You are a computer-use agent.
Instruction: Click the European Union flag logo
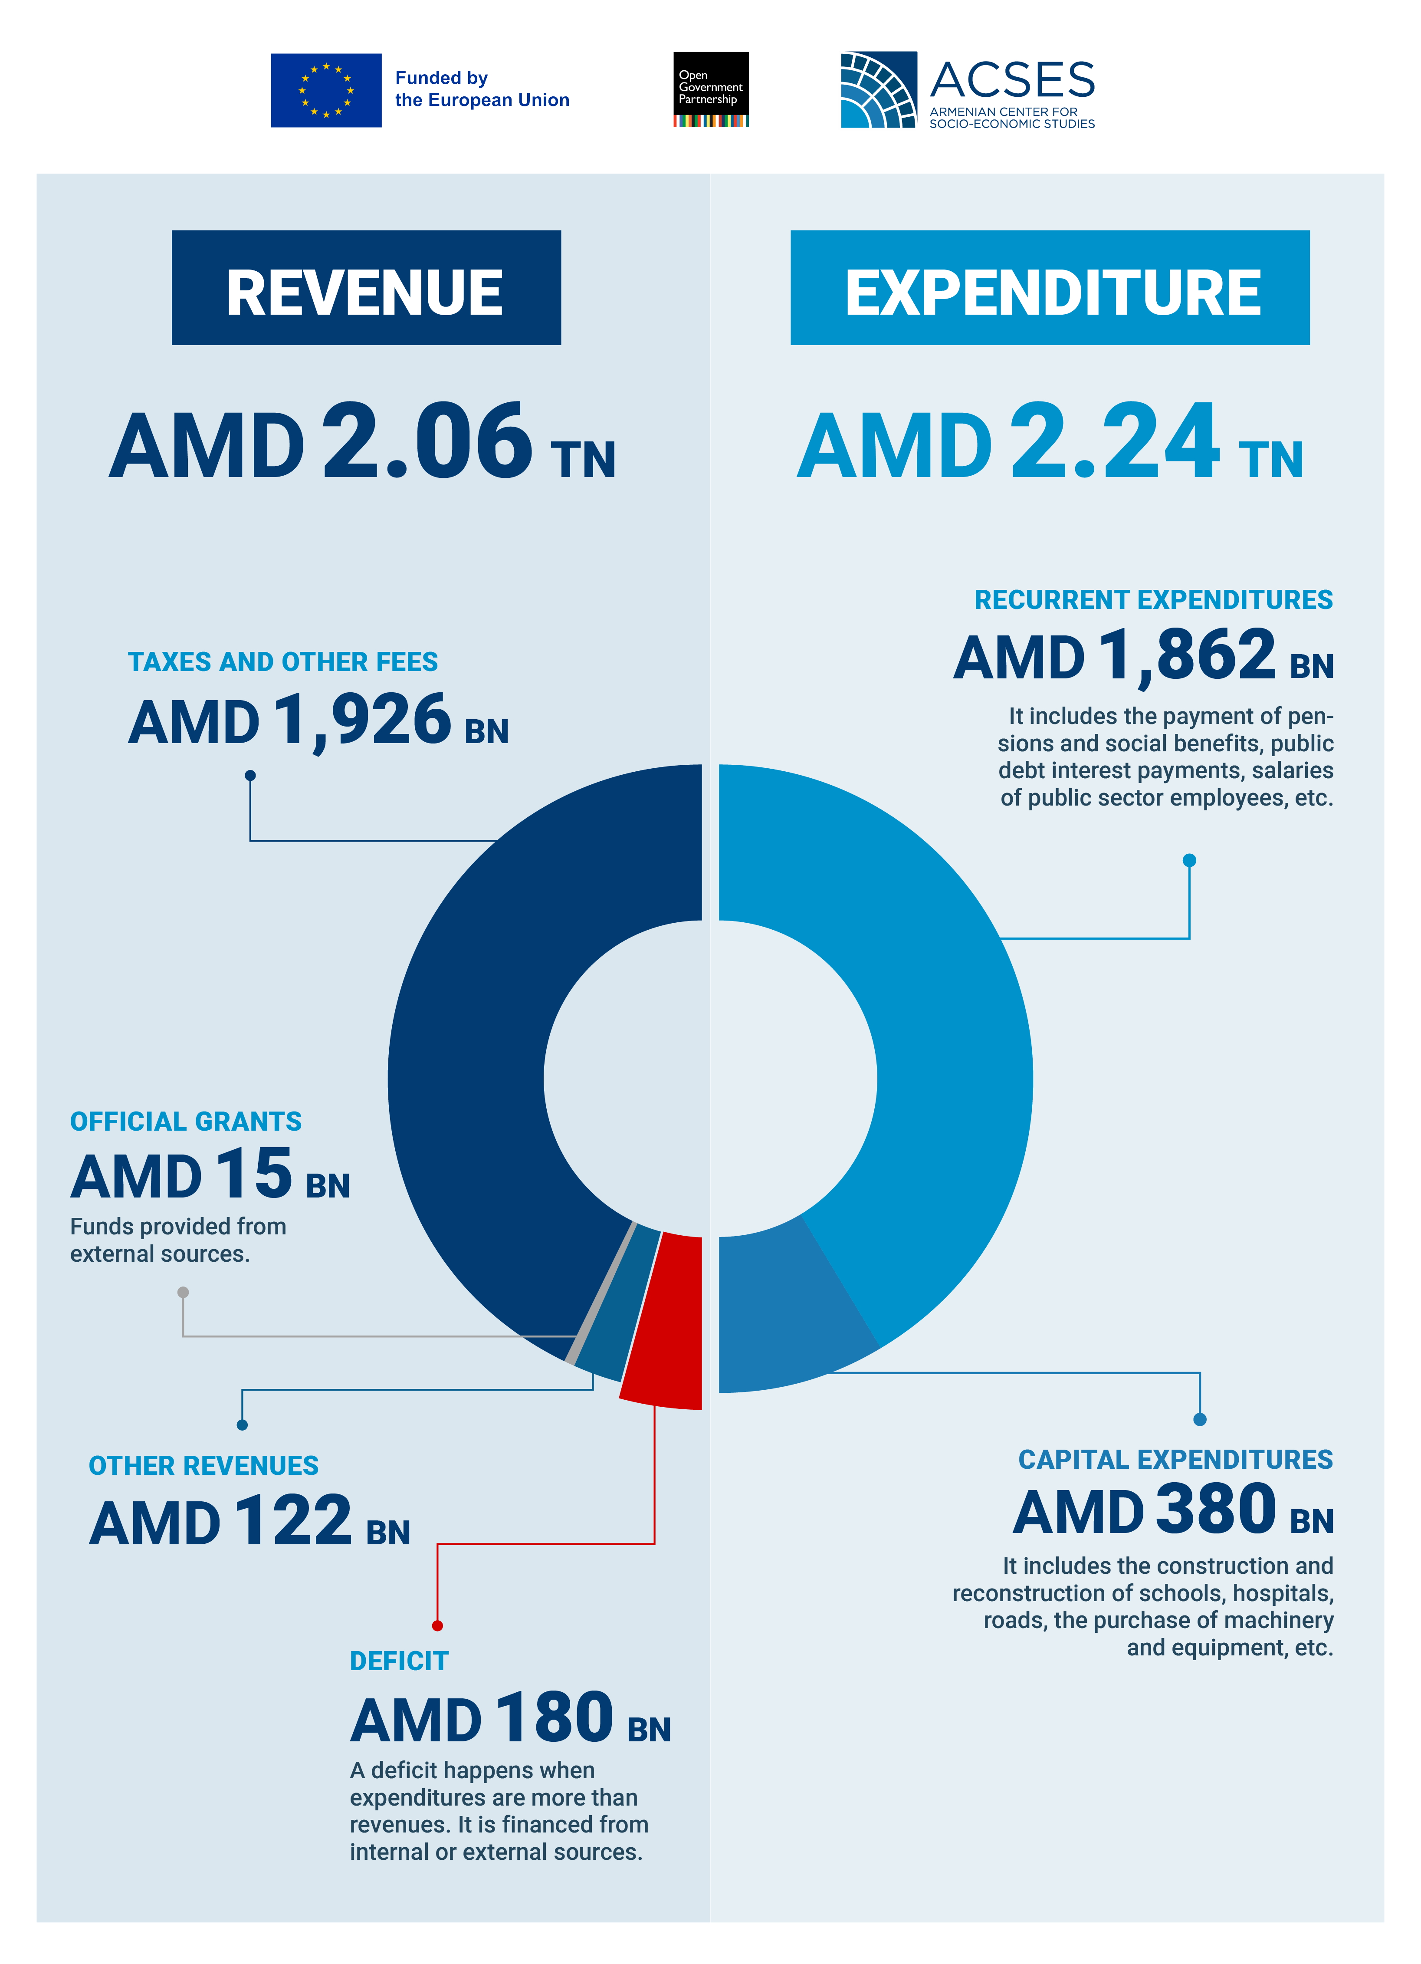(x=325, y=90)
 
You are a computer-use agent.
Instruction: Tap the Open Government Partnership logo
(x=711, y=89)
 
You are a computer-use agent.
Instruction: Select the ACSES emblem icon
(x=878, y=89)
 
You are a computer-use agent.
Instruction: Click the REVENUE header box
(x=366, y=287)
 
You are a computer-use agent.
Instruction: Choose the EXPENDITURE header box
(x=1050, y=287)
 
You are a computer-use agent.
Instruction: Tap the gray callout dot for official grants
(x=183, y=1292)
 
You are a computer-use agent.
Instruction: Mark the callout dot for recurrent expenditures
(x=1190, y=860)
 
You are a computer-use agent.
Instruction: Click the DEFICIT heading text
(x=399, y=1661)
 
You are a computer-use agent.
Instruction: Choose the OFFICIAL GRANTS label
(x=186, y=1122)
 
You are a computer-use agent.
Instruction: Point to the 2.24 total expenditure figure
(x=1116, y=442)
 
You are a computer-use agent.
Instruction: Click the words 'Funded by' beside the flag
(x=442, y=78)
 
